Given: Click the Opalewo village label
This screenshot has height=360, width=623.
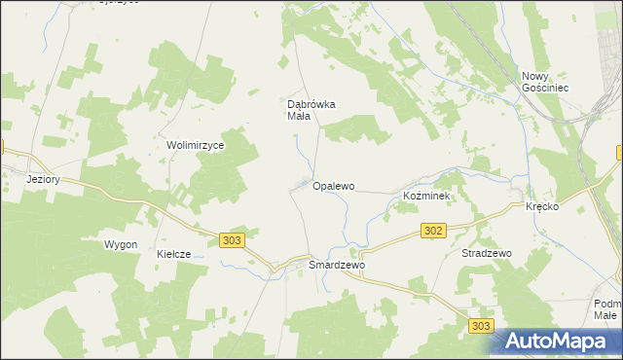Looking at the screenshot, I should pos(334,185).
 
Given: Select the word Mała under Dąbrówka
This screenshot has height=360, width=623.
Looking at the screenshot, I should pos(298,117).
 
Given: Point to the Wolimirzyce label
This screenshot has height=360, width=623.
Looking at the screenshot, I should pos(196,145).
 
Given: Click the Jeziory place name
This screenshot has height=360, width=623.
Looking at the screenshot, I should pos(45,179).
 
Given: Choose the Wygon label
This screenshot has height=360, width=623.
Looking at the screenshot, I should pos(121,244).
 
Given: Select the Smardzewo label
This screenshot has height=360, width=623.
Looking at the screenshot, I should pos(336,265).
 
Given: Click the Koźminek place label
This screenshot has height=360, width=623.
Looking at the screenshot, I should pos(425,197).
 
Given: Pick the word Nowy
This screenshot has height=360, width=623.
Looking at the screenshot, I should pos(536,76).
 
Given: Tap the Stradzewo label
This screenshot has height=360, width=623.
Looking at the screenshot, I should pos(486,253).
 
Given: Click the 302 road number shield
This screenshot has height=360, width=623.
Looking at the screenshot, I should pos(435,231).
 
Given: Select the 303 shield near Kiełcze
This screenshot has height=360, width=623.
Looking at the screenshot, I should pos(232,239).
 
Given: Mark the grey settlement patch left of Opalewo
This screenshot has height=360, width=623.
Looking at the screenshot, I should pos(305,184).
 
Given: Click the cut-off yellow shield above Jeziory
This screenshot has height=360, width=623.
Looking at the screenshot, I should pos(3,148).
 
